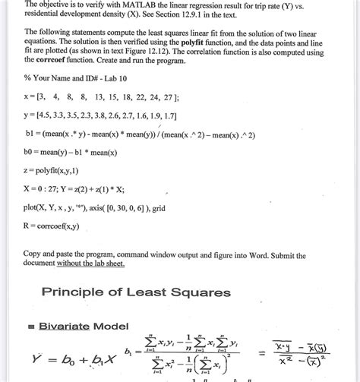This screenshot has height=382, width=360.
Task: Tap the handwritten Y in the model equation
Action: pos(36,359)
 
